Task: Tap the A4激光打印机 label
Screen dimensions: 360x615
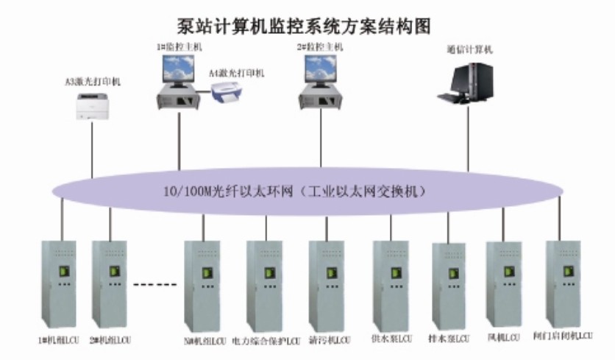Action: (x=236, y=73)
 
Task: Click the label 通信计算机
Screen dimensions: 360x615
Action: (x=469, y=50)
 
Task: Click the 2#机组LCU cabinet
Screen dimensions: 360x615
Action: (x=110, y=283)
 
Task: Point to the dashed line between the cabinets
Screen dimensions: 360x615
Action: (x=157, y=283)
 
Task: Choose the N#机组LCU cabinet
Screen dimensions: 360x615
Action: (x=203, y=283)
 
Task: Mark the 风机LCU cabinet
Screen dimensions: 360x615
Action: (x=505, y=283)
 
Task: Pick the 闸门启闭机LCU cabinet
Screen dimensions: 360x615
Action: (x=564, y=283)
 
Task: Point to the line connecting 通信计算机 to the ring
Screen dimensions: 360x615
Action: (x=469, y=140)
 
